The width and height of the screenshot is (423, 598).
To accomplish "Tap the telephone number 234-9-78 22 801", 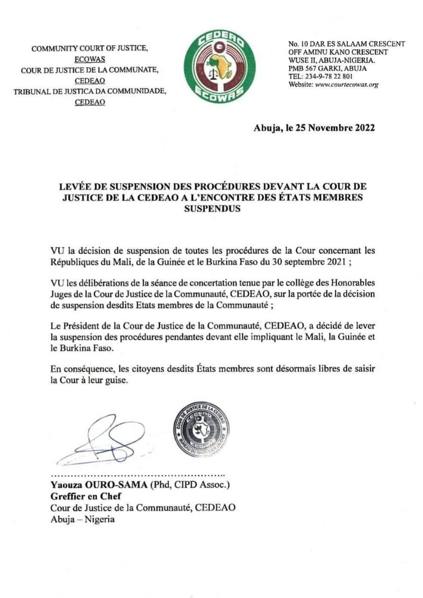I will tap(328, 77).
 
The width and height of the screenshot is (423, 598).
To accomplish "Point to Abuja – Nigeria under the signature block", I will tap(82, 519).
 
